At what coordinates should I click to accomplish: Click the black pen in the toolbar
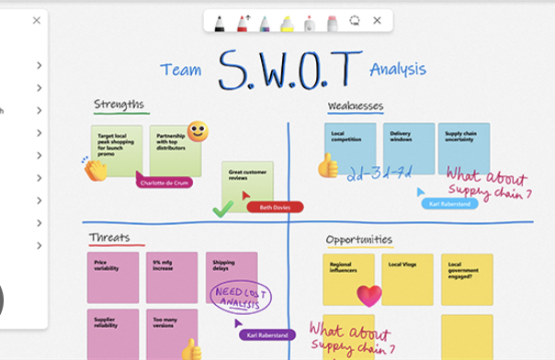coord(221,22)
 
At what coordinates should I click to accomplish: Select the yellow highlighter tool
coord(287,22)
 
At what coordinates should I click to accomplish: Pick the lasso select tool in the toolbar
coord(355,21)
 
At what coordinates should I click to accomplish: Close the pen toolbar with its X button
coord(377,21)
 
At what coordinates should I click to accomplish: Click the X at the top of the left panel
coord(37,20)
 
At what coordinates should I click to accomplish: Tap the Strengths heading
coord(119,106)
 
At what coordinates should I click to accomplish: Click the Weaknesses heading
coord(356,107)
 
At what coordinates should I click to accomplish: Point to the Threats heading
coord(109,239)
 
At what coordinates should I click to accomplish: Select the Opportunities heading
coord(359,241)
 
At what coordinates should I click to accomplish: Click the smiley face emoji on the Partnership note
coord(197,131)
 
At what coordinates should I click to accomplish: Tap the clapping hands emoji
coord(94,168)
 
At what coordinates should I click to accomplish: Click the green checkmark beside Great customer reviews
coord(221,209)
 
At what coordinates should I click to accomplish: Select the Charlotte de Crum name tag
coord(165,183)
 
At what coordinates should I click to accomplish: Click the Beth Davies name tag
coord(275,208)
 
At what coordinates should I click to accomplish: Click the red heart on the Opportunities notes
coord(368,296)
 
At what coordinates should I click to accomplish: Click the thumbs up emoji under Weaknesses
coord(328,166)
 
